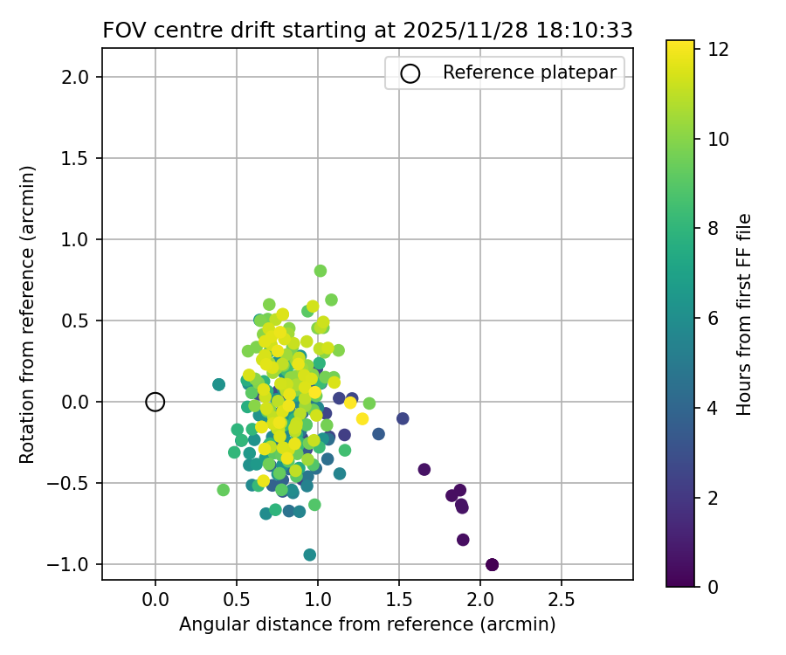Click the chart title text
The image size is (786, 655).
[367, 31]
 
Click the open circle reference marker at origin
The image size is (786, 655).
[155, 402]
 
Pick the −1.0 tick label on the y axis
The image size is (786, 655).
[74, 564]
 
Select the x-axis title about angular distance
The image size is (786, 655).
[367, 625]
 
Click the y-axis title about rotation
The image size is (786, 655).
[28, 314]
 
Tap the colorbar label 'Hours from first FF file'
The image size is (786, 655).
[744, 314]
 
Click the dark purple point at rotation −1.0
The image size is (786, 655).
[492, 564]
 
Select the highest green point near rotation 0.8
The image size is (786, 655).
[321, 271]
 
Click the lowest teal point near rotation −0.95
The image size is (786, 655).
[310, 555]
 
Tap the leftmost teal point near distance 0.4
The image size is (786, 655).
[218, 384]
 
